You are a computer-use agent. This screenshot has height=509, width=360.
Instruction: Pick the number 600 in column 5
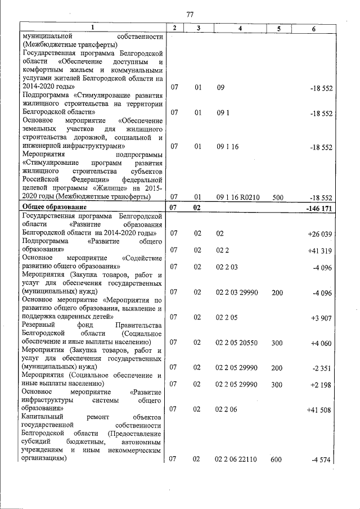pos(277,460)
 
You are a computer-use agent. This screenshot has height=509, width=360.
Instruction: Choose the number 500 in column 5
pos(277,197)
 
